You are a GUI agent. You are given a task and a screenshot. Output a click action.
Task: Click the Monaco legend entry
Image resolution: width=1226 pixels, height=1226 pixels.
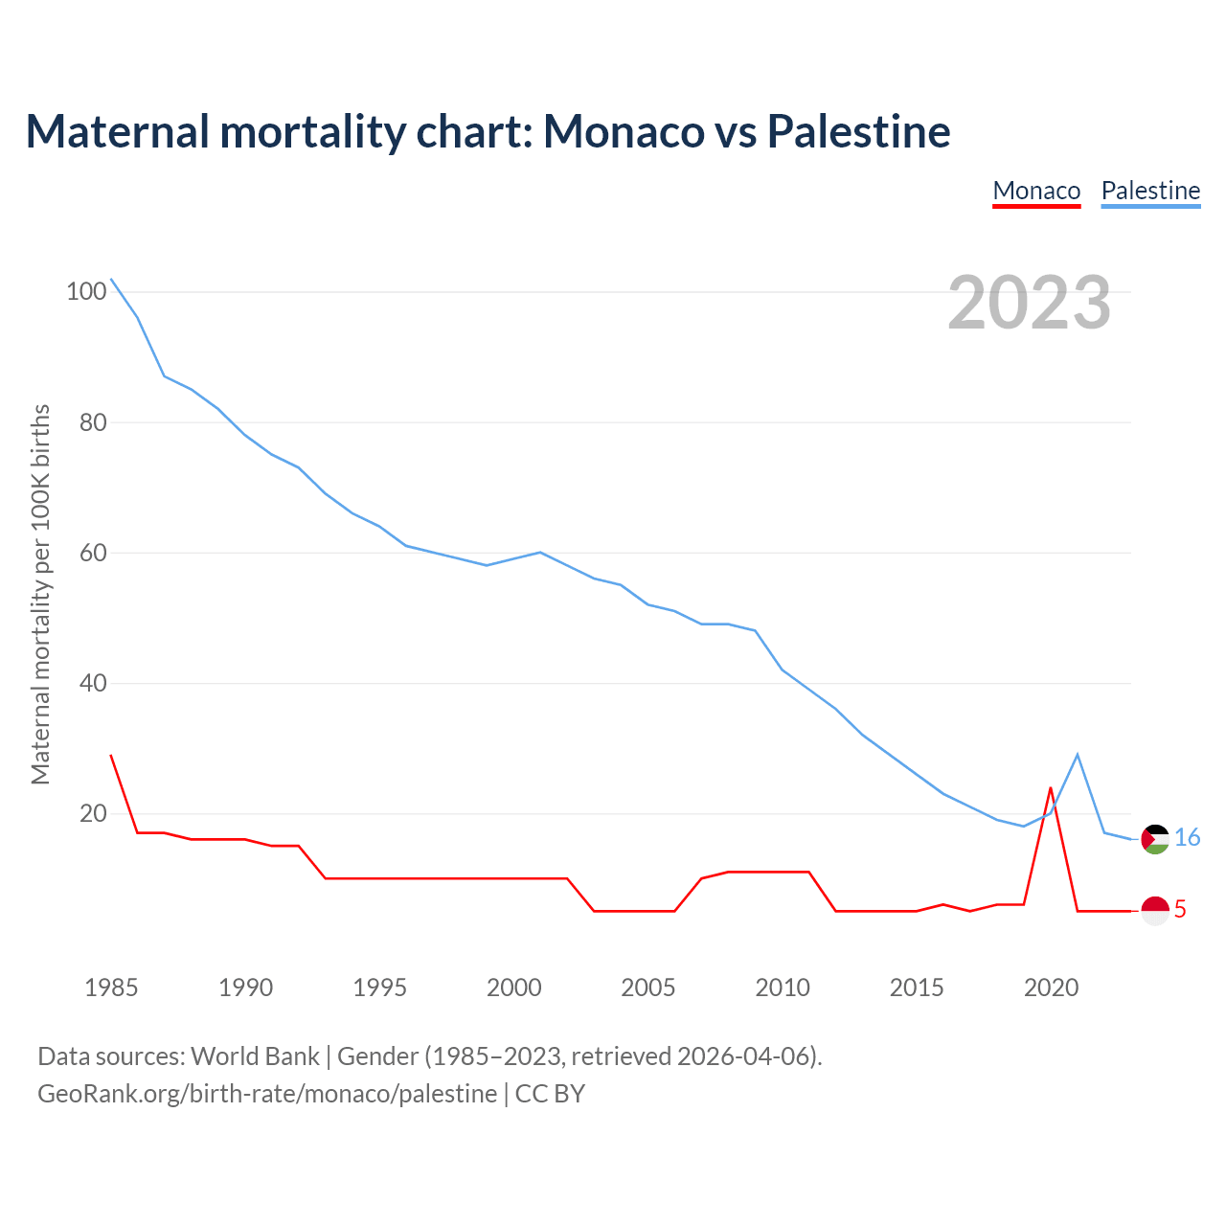point(1036,191)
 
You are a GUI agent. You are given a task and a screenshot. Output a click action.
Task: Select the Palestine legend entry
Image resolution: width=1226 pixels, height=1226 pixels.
point(1150,191)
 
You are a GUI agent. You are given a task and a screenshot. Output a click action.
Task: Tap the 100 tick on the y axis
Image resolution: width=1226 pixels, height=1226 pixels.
point(85,291)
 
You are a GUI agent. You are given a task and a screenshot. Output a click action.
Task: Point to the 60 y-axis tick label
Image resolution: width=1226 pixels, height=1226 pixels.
point(86,553)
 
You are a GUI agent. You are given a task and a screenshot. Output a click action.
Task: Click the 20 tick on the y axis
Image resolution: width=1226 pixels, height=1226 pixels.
point(86,814)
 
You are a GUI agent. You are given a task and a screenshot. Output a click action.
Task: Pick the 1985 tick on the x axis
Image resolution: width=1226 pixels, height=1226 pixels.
point(111,988)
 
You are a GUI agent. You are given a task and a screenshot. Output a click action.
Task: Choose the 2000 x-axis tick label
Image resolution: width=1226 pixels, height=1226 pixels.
point(514,988)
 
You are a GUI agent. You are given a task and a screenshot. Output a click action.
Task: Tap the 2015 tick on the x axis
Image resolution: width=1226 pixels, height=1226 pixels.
point(917,988)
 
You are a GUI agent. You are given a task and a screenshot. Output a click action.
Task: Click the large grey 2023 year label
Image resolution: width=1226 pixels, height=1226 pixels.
point(1030,303)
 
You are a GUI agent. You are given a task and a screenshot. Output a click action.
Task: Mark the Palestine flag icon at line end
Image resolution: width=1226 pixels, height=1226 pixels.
point(1155,839)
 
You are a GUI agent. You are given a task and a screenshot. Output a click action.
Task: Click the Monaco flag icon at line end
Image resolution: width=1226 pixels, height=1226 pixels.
point(1155,910)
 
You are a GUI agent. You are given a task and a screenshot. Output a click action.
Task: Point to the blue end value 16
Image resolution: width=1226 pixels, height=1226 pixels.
point(1187,838)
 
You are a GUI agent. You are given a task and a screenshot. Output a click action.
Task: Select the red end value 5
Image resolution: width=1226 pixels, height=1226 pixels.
point(1180,910)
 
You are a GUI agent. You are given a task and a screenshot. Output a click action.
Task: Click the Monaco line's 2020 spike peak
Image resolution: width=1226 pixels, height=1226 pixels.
point(1051,788)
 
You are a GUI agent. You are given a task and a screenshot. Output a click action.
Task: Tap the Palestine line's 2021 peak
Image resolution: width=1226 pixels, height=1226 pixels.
point(1078,755)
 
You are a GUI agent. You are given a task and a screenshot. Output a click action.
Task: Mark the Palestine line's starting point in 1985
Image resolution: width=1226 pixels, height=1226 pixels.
point(111,279)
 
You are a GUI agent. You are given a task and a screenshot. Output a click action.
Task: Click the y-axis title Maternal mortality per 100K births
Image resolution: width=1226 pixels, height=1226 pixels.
point(40,594)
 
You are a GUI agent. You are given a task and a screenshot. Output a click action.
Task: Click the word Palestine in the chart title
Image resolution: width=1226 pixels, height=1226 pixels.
point(858,131)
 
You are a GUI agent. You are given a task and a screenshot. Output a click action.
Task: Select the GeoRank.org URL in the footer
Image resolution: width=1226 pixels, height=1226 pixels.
point(267,1094)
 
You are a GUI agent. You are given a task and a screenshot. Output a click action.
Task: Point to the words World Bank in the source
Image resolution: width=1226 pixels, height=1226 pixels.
point(255,1056)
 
